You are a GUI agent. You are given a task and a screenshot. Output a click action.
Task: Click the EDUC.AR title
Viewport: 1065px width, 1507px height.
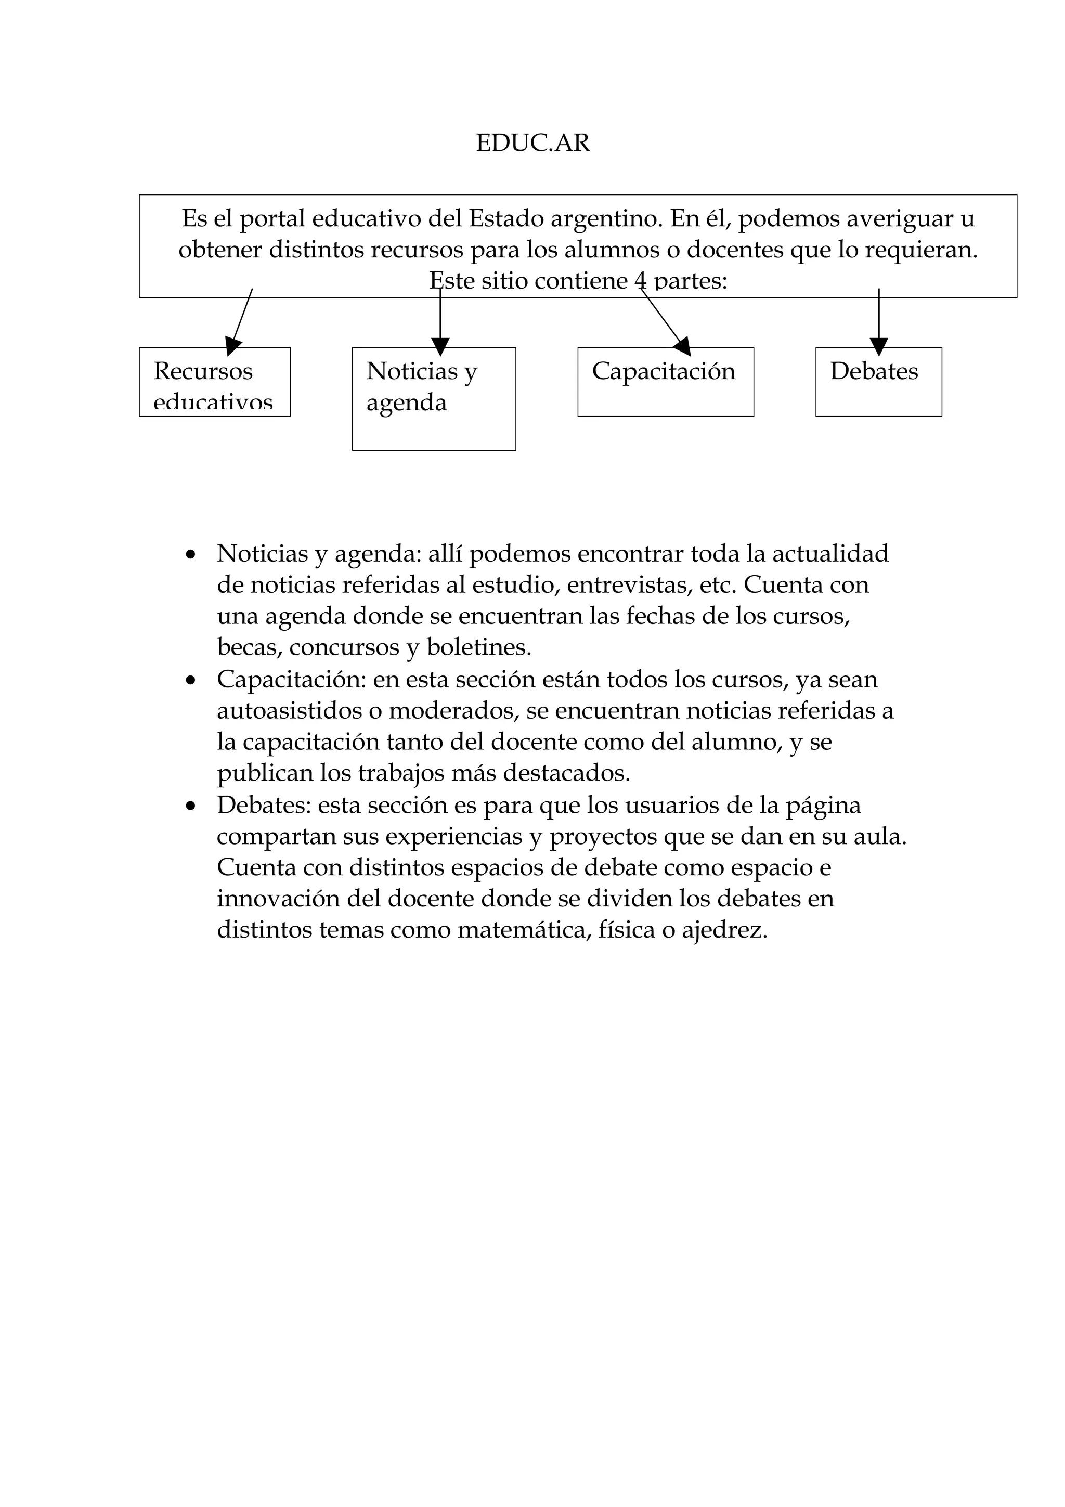click(x=532, y=143)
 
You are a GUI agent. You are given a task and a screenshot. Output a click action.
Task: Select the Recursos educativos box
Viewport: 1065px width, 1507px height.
click(x=215, y=382)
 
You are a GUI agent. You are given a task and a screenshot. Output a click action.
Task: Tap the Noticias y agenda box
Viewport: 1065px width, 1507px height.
click(x=434, y=398)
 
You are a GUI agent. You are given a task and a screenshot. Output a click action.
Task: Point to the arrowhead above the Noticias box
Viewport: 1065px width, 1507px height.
click(x=440, y=346)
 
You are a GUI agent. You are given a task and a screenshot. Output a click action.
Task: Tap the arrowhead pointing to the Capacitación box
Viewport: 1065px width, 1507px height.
click(x=683, y=345)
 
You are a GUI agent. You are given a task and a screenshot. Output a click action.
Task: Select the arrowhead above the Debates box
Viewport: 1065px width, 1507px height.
click(x=879, y=346)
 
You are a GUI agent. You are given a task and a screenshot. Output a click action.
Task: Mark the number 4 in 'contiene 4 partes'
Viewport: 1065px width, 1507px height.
click(x=641, y=281)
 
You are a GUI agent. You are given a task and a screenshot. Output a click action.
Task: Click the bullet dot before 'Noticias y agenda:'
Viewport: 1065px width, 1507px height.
click(x=191, y=555)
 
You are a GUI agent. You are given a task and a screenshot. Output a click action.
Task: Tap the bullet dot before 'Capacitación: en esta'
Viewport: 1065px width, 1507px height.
click(x=191, y=681)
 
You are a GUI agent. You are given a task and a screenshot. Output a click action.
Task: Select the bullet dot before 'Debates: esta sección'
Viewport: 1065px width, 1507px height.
click(x=191, y=806)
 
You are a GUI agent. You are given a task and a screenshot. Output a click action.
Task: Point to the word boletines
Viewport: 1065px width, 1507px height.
click(x=478, y=647)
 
